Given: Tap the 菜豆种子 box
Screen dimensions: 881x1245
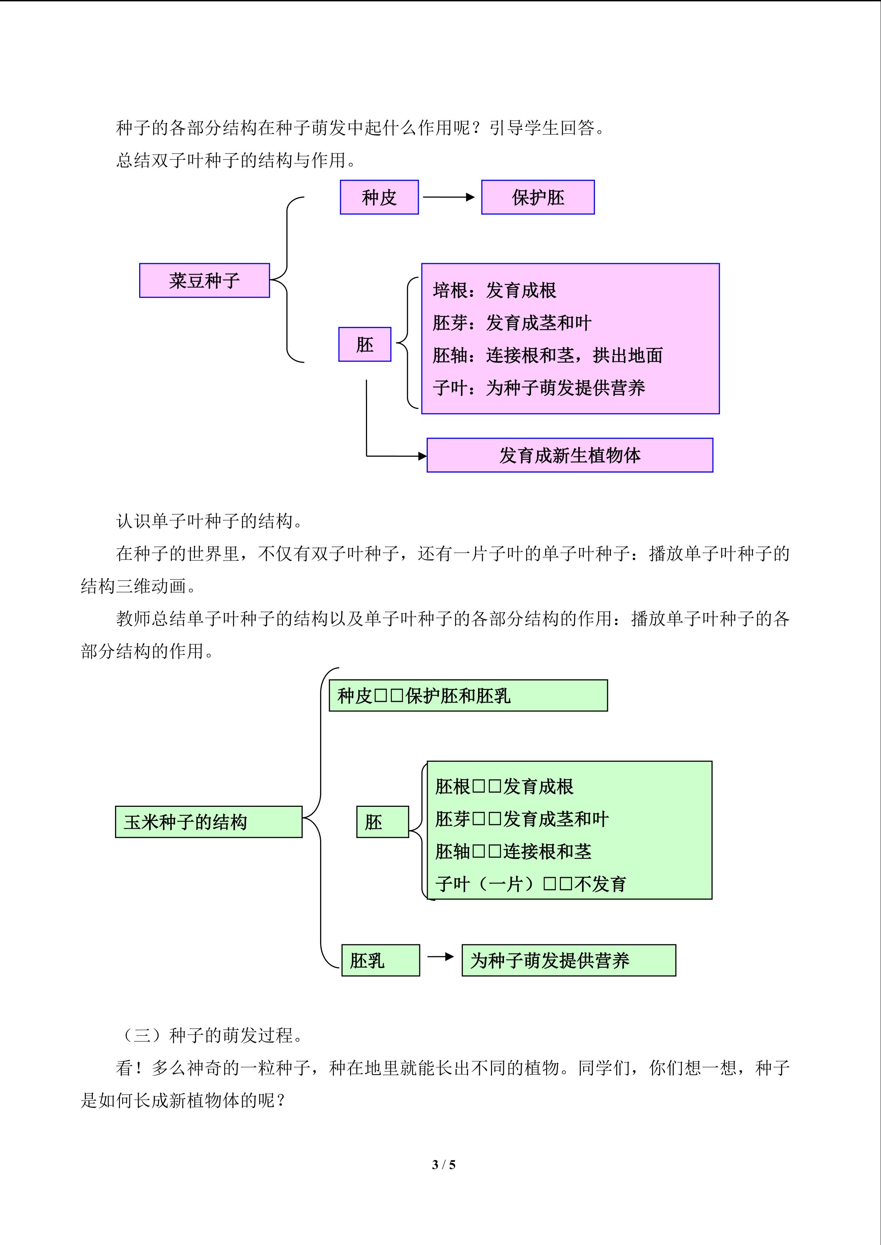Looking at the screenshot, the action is point(205,280).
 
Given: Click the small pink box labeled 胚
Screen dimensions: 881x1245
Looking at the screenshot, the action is point(364,344).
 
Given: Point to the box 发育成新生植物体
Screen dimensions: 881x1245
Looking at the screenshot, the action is point(569,455).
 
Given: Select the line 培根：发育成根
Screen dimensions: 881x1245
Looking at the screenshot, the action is point(494,291).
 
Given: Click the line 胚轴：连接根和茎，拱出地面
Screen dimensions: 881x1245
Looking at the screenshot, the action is point(547,355).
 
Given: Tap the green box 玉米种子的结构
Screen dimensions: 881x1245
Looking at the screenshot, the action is point(209,822).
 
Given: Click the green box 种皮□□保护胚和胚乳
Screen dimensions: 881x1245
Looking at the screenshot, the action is point(468,696).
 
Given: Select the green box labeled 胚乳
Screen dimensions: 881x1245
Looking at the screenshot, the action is point(380,960).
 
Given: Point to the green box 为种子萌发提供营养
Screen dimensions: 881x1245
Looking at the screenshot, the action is point(569,960).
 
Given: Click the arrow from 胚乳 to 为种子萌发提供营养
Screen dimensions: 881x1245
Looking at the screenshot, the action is point(440,957).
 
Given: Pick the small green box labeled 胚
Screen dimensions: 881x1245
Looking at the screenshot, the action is point(383,822).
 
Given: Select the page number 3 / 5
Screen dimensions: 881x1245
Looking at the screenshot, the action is point(444,1164).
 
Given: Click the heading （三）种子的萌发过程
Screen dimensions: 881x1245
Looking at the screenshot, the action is point(210,1035).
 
